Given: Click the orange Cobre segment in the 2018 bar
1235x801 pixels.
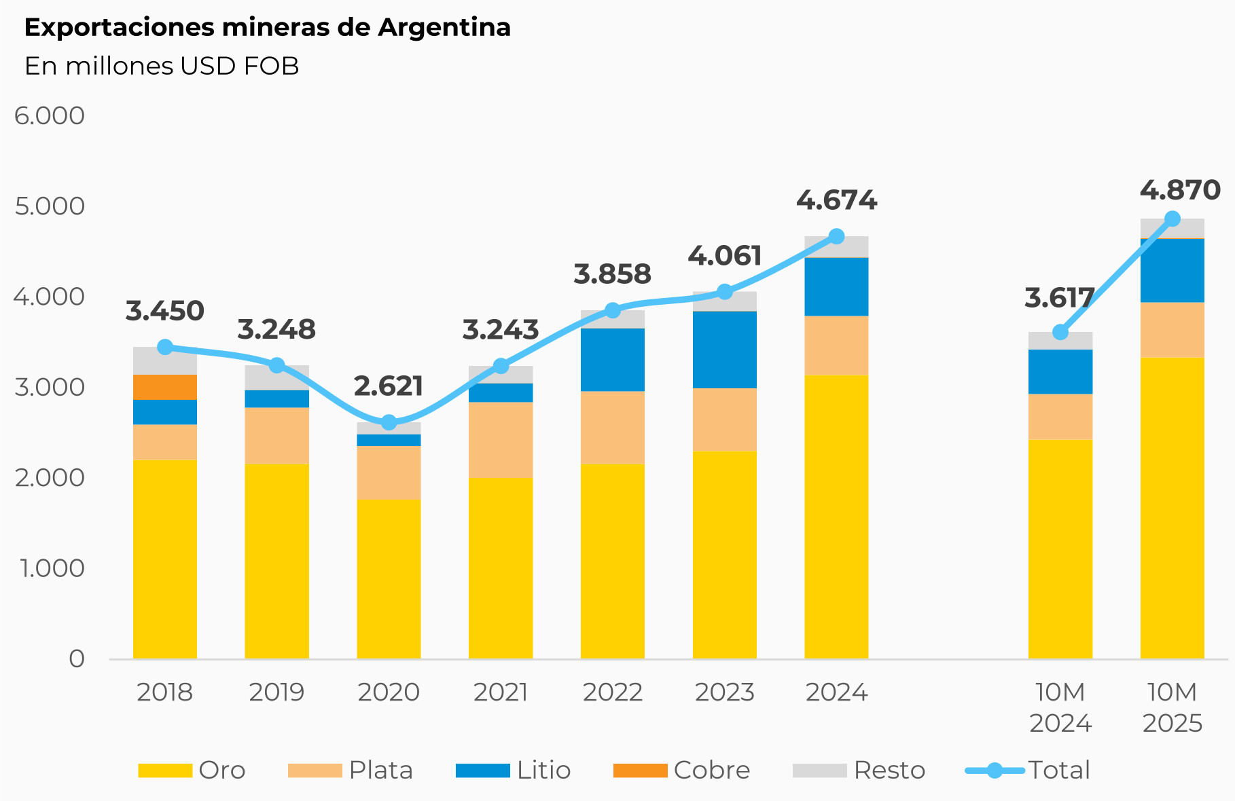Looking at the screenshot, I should [165, 387].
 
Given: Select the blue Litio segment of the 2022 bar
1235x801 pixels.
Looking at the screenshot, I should [613, 359].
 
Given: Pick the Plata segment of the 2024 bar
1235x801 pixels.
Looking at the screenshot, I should [836, 345].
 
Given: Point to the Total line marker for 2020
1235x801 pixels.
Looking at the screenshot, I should [389, 422].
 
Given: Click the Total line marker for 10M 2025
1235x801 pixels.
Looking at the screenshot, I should [1173, 219].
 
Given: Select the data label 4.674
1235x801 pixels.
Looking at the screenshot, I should [836, 201].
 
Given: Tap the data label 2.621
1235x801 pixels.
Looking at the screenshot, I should [389, 386].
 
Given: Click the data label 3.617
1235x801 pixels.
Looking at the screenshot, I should [1059, 298].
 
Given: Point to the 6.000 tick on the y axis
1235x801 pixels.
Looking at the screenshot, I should [50, 115].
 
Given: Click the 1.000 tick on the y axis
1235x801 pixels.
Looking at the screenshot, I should [52, 568].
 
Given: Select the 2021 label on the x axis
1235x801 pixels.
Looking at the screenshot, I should [501, 692].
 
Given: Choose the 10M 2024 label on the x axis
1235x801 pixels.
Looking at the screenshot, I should [1060, 707].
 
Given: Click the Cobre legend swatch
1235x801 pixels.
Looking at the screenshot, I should [640, 770].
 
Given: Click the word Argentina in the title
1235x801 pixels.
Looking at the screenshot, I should [444, 28].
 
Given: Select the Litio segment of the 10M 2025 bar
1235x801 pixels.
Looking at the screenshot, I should [1173, 270].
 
